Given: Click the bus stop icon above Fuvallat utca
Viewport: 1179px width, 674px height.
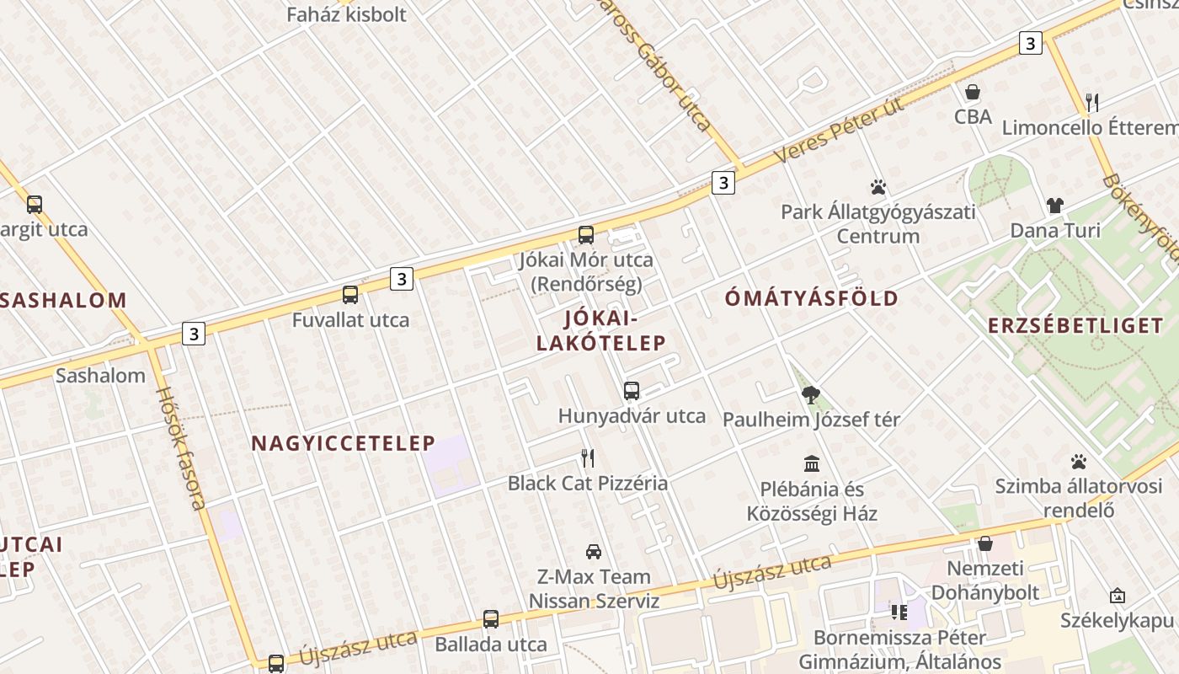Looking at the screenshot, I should click(350, 295).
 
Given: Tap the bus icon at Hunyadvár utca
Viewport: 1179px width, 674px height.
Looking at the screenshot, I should click(632, 391).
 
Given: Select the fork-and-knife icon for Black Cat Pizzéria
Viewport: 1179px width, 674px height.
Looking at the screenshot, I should click(588, 458).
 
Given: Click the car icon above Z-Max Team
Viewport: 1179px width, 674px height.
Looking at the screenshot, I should click(594, 552).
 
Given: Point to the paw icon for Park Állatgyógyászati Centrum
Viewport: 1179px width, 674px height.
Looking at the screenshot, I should click(878, 187).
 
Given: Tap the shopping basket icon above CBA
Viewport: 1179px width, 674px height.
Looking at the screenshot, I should click(973, 91).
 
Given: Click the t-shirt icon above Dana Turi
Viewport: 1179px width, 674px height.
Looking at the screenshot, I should click(1055, 206).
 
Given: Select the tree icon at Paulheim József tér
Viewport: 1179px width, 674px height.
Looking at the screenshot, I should click(812, 394).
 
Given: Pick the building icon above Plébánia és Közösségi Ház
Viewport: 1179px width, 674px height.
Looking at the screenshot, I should click(812, 463).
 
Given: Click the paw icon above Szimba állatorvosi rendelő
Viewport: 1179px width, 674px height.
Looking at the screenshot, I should click(1079, 462).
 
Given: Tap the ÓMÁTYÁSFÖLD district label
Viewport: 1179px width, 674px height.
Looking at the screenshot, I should click(812, 298).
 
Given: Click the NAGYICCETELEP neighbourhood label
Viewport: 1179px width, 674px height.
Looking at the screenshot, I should click(343, 443).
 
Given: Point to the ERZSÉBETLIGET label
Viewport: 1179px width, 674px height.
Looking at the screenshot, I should click(1075, 326).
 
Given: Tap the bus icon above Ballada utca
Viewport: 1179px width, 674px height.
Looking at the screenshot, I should click(491, 619).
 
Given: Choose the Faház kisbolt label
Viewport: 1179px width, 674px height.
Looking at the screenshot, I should click(346, 14).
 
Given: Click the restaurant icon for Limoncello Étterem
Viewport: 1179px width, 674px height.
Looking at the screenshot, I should click(1092, 103).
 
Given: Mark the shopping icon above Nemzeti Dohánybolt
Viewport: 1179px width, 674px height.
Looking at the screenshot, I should click(984, 543).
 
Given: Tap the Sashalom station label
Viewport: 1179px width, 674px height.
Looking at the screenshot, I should click(100, 376).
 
